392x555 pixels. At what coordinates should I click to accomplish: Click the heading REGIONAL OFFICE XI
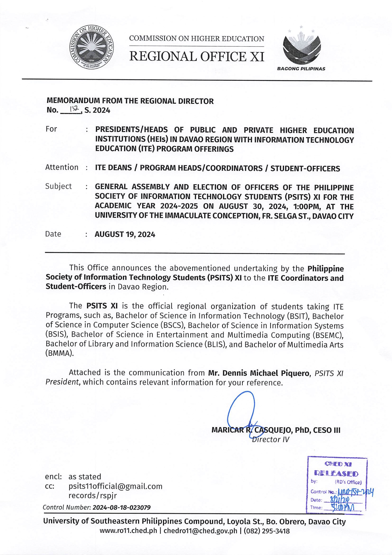(x=197, y=57)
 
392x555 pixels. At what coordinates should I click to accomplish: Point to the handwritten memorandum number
(x=73, y=109)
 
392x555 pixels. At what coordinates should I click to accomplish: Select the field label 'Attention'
(x=62, y=167)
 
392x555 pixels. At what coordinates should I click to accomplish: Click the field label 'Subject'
(x=59, y=186)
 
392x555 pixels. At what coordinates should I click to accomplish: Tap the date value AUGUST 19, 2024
(x=125, y=234)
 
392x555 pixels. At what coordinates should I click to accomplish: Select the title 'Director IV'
(x=270, y=440)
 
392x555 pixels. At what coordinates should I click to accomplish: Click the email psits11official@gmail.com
(x=115, y=486)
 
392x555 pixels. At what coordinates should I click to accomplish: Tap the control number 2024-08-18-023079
(x=121, y=508)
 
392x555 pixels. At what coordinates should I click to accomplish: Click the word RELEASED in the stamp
(x=336, y=473)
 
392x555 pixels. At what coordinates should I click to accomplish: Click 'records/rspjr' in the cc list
(x=92, y=496)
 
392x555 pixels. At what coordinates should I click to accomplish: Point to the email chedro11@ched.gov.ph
(x=201, y=531)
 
